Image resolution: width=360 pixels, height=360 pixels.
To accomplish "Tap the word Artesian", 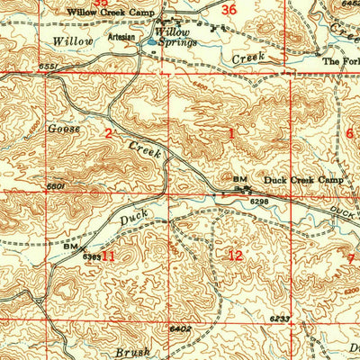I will (x=121, y=39).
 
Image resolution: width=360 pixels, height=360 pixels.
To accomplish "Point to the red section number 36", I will (x=229, y=10).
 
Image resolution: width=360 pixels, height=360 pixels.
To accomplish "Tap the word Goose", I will (x=65, y=129).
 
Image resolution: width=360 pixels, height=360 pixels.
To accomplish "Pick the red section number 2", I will (x=107, y=134).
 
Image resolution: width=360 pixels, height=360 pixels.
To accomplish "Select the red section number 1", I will (x=230, y=134).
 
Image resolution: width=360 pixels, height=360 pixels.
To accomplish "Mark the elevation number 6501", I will (x=57, y=186).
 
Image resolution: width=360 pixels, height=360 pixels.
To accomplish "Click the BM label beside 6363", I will (x=70, y=245).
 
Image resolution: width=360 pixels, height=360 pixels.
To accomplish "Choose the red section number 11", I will (x=107, y=256).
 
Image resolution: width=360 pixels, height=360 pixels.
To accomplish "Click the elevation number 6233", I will (x=277, y=319).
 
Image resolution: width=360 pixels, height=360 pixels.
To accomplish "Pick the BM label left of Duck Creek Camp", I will (x=239, y=180).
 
